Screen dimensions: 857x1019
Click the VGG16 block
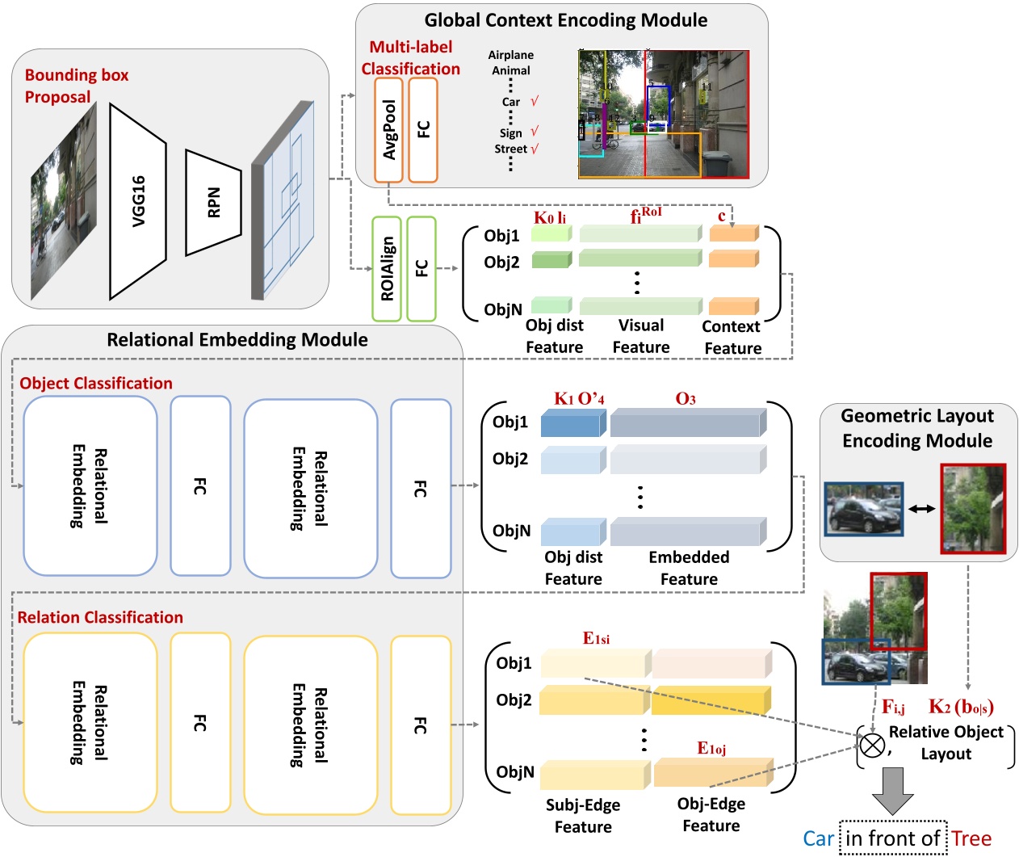point(138,201)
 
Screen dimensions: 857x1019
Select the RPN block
point(213,203)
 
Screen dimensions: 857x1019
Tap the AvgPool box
point(389,130)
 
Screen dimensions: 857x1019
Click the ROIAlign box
point(387,269)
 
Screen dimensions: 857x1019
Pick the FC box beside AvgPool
point(423,130)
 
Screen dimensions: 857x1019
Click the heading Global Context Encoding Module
point(565,20)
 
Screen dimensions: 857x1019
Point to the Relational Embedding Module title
point(237,340)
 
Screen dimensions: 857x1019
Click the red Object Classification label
point(96,384)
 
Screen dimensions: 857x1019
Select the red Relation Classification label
point(100,618)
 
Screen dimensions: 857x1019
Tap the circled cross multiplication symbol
point(872,744)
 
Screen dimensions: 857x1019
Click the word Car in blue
point(818,839)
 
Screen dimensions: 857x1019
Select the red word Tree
point(971,839)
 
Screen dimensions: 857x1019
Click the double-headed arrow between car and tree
point(921,509)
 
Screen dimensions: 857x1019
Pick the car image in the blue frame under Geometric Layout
point(863,510)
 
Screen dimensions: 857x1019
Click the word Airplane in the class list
point(510,55)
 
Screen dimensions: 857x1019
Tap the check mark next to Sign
point(535,132)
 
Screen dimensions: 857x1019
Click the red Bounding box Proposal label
point(76,86)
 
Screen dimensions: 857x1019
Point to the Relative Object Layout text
point(946,743)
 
